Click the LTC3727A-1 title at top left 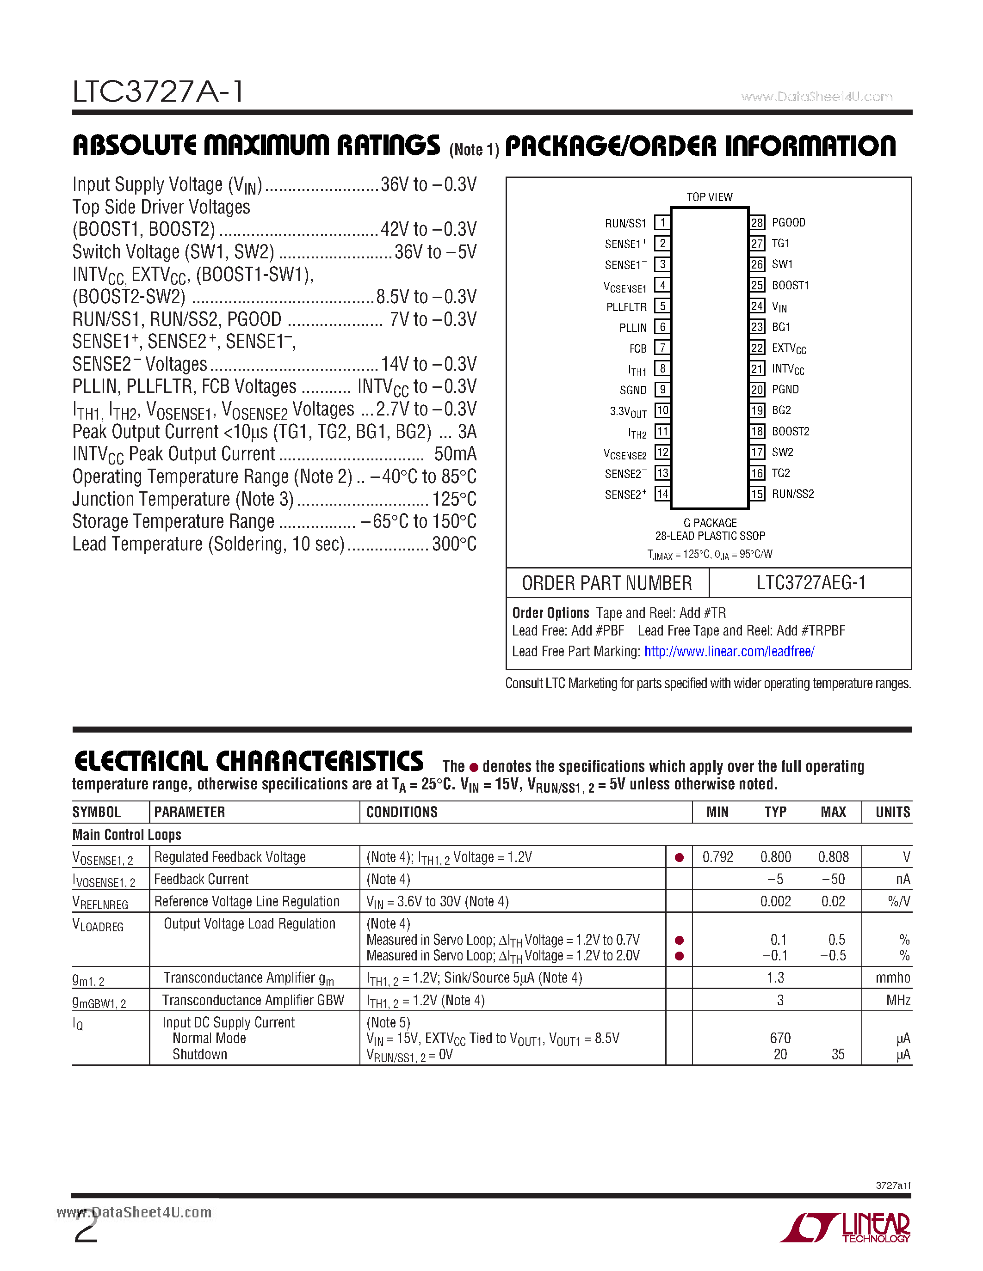[x=158, y=92]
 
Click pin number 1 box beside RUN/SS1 [x=662, y=222]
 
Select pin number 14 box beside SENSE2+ [x=662, y=494]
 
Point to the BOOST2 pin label [x=790, y=431]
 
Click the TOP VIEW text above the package [x=709, y=197]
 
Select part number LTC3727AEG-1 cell [x=810, y=582]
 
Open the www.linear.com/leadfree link [x=729, y=651]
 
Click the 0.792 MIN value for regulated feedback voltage [x=717, y=857]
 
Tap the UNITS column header [x=892, y=812]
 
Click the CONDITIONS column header [x=402, y=812]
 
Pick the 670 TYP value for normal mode [x=780, y=1038]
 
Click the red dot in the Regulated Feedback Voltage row [x=679, y=857]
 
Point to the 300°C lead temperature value [x=454, y=544]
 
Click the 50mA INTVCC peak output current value [x=455, y=454]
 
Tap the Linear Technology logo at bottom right [x=846, y=1228]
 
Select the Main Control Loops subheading [x=126, y=835]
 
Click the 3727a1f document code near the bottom [x=893, y=1185]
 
